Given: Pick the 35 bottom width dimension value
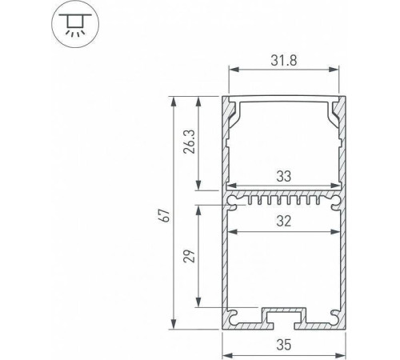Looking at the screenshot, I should click(285, 346).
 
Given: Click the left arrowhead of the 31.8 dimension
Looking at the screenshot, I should click(234, 71).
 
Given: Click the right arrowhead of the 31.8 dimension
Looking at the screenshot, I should click(337, 71).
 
